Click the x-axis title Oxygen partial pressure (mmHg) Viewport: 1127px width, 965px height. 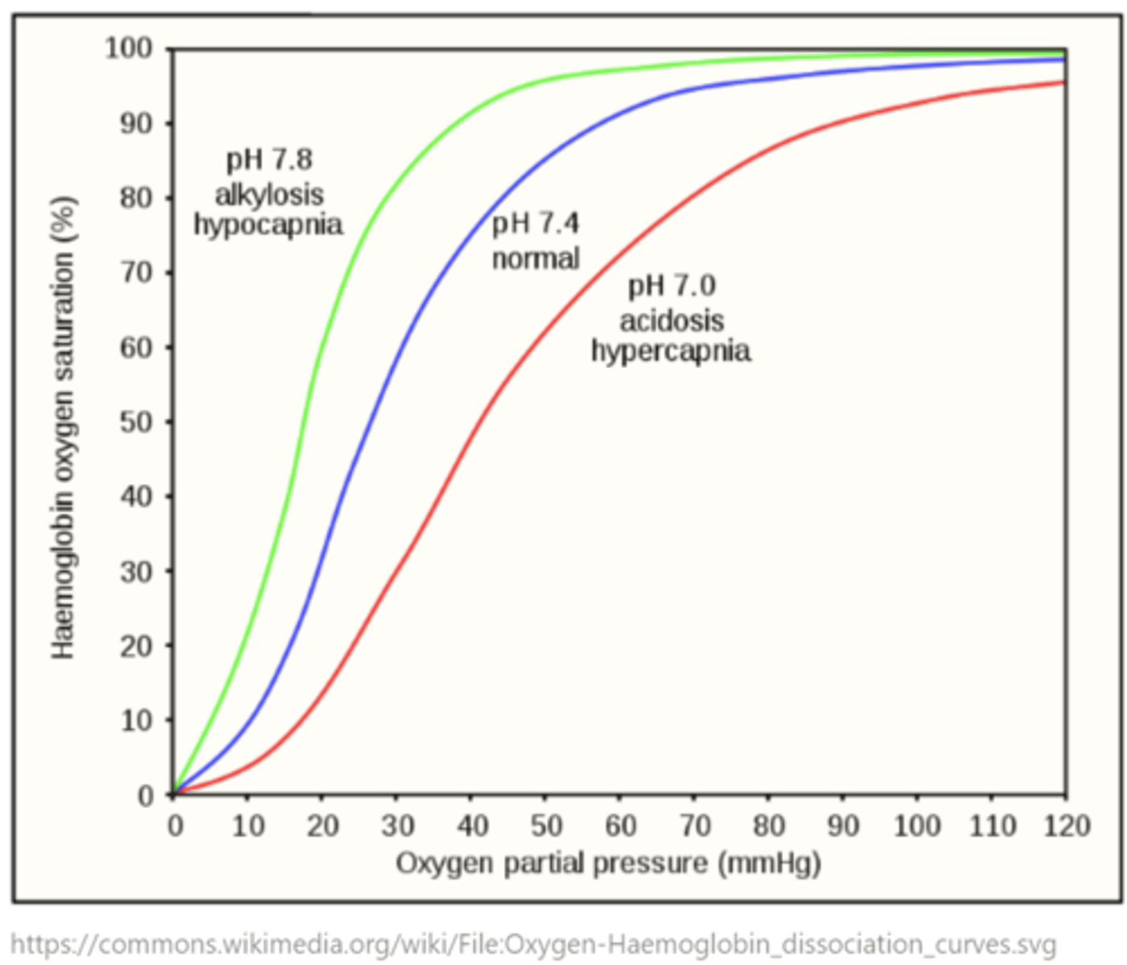(608, 864)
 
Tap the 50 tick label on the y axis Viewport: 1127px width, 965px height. (136, 422)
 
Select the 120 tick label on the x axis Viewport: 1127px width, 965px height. (1067, 826)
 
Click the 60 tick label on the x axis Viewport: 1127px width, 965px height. (620, 826)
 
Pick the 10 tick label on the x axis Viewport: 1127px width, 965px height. (248, 826)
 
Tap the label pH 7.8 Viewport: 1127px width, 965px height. (269, 159)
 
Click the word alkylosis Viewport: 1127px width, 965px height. (269, 194)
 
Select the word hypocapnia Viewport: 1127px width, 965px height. (268, 224)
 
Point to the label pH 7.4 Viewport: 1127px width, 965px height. (535, 223)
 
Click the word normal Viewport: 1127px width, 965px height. (535, 258)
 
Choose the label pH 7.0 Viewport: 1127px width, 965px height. (672, 285)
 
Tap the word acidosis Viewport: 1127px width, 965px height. (672, 320)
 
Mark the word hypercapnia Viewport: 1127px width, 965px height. (671, 351)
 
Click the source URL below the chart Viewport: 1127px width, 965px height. (533, 943)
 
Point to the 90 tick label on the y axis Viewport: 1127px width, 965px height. (136, 124)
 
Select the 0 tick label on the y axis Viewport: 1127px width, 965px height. (145, 795)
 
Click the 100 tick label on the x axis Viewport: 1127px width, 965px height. (917, 826)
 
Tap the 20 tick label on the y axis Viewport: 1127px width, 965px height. (136, 646)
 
